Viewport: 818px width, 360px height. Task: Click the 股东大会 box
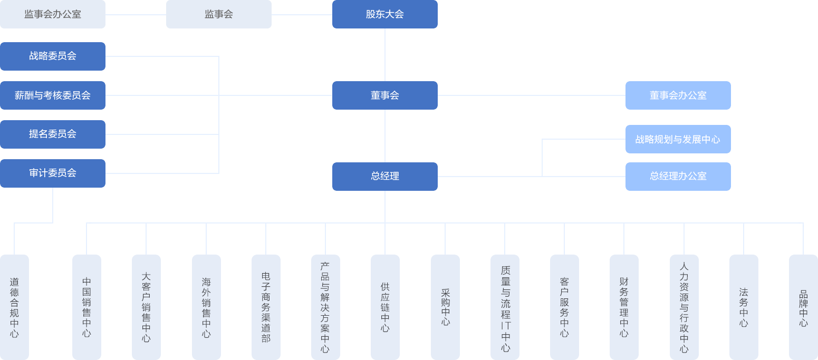pos(384,14)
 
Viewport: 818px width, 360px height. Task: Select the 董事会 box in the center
pos(384,95)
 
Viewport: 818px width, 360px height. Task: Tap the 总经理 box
pos(384,177)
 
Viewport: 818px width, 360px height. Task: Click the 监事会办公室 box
pos(53,14)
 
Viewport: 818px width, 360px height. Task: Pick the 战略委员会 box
pos(53,56)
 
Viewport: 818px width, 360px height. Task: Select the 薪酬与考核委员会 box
pos(53,95)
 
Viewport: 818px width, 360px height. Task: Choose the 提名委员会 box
pos(53,134)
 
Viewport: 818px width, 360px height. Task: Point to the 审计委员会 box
pos(53,173)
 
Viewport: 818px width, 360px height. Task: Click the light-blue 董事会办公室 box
pos(678,95)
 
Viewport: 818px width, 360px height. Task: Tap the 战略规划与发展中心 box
pos(678,139)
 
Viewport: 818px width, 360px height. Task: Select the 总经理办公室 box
pos(678,177)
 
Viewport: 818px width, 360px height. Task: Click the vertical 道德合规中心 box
pos(14,307)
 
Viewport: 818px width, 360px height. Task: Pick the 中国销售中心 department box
pos(86,307)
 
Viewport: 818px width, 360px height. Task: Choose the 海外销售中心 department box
pos(206,307)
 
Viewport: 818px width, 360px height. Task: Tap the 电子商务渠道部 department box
pos(266,307)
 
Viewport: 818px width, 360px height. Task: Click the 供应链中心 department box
pos(385,307)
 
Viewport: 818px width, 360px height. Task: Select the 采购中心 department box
pos(445,307)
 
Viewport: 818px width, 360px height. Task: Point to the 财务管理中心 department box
pos(624,307)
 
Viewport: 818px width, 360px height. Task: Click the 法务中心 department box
pos(744,307)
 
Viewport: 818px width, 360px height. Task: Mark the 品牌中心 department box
pos(803,307)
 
